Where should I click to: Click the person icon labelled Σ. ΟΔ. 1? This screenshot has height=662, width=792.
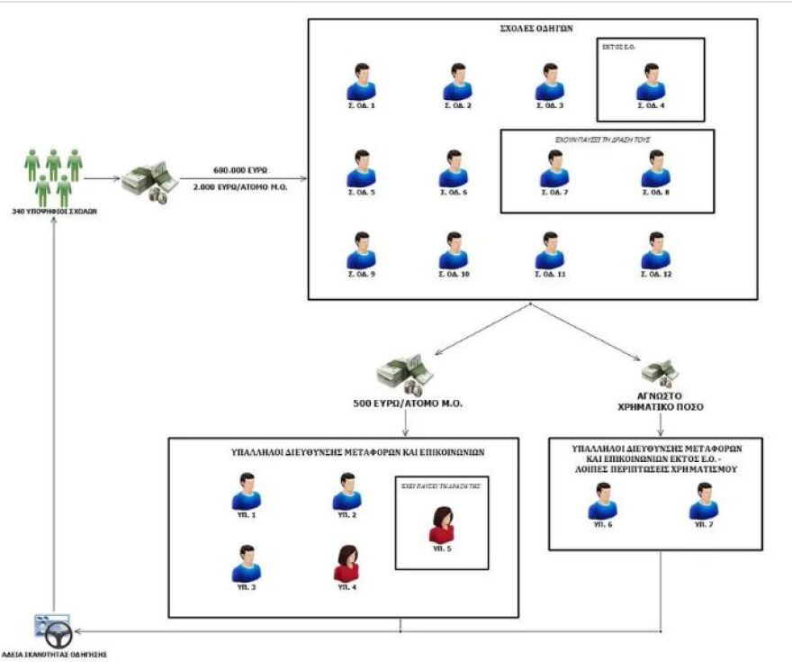point(361,82)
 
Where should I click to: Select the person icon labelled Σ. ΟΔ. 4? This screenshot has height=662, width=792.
point(650,82)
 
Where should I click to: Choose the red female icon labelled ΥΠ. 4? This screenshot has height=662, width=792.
point(346,564)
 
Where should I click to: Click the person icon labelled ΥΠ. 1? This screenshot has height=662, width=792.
point(246,492)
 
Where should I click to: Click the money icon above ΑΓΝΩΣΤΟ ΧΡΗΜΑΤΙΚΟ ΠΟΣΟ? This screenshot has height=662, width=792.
point(661,370)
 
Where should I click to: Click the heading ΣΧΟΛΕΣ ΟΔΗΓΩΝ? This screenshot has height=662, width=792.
point(532,30)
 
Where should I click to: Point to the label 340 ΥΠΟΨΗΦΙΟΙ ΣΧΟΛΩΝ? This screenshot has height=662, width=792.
point(54,212)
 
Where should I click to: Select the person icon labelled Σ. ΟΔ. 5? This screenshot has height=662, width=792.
point(361,168)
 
